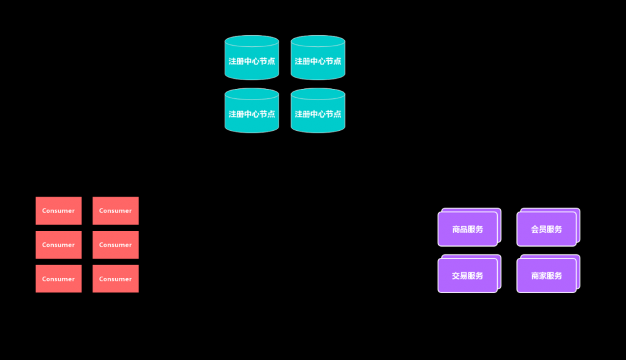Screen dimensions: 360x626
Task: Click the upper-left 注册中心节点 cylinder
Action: coord(252,61)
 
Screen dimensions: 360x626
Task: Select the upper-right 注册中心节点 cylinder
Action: coord(318,61)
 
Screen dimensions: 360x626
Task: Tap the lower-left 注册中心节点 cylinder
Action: coord(252,114)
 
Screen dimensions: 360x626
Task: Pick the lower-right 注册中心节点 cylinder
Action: coord(318,114)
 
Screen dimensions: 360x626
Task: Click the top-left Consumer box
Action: coord(58,210)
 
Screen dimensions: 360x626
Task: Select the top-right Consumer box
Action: coord(116,210)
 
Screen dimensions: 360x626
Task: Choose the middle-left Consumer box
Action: coord(58,245)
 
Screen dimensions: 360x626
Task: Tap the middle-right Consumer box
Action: coord(116,245)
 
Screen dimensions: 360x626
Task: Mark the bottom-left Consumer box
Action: coord(58,279)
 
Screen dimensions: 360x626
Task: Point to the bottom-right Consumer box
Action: coord(116,279)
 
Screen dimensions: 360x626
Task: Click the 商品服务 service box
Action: coord(467,229)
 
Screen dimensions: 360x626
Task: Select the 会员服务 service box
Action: coord(546,229)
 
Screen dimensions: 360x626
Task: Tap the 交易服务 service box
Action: coord(467,275)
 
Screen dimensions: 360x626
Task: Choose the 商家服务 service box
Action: coord(546,275)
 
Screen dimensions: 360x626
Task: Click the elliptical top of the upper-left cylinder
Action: coord(252,41)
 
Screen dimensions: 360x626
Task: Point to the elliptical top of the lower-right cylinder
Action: coord(318,94)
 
